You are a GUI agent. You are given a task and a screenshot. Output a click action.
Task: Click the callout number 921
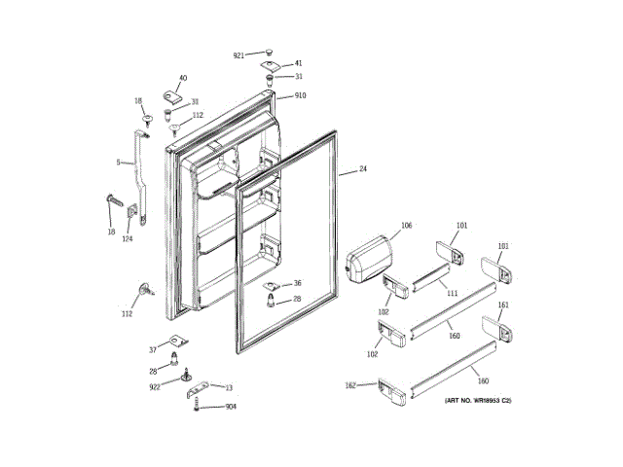click(x=238, y=55)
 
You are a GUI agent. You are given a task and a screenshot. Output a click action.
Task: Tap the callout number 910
click(x=300, y=95)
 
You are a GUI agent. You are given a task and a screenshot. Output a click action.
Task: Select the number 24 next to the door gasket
click(x=363, y=169)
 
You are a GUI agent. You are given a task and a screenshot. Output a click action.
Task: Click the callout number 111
click(x=452, y=293)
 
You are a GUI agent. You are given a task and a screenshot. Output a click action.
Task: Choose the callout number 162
click(x=350, y=385)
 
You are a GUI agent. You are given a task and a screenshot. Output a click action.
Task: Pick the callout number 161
click(x=503, y=305)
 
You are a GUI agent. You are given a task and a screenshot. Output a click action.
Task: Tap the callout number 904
click(x=231, y=407)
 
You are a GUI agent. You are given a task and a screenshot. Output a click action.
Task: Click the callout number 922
click(x=155, y=386)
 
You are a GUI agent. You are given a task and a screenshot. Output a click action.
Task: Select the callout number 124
click(x=127, y=239)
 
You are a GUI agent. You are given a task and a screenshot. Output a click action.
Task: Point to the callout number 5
click(x=118, y=162)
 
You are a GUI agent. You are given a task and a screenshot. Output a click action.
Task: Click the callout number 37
click(x=152, y=349)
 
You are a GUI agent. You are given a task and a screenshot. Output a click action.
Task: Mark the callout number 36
click(x=298, y=283)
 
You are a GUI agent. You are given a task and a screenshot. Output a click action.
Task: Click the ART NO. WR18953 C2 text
click(x=479, y=401)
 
